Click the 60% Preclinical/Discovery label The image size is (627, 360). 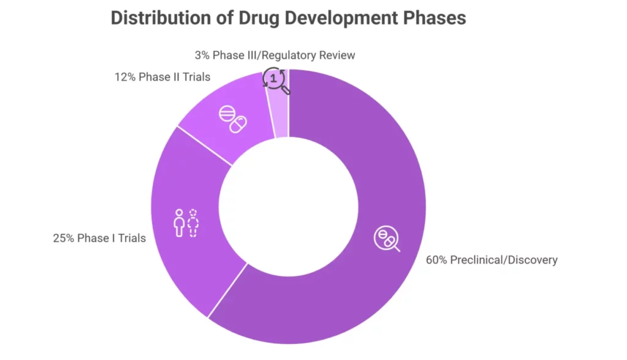[491, 260]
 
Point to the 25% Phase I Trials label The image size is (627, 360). [99, 238]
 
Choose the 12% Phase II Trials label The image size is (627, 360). [162, 77]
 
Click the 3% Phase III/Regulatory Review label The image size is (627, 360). [275, 55]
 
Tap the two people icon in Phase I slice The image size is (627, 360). [186, 223]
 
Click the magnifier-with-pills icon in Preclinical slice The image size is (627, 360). [386, 239]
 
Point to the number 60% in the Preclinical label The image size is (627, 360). [437, 260]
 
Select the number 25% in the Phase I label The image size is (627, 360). [63, 238]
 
